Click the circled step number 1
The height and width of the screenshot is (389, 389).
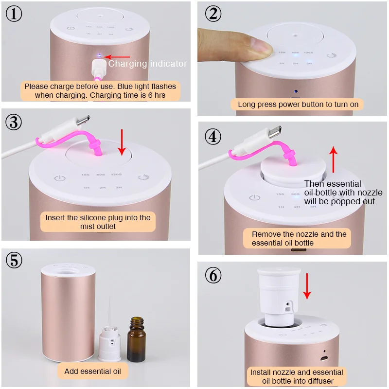pos(14,14)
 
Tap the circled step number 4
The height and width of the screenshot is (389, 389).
pos(213,137)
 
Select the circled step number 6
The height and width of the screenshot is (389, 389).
pos(213,275)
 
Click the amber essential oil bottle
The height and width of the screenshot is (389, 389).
pos(137,339)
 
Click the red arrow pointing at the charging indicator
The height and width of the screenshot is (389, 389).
pos(117,57)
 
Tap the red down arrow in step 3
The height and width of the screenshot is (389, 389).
pos(122,142)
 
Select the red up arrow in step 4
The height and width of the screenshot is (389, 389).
pos(333,159)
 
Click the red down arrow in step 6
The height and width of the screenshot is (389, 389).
pos(307,286)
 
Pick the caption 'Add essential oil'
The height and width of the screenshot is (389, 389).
pos(93,371)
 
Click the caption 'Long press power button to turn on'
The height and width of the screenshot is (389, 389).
pos(298,104)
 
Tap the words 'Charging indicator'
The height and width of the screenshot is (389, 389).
pos(148,64)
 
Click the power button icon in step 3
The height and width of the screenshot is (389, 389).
pos(60,178)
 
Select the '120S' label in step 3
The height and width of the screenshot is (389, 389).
pos(116,175)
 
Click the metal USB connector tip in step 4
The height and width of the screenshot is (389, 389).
pos(275,132)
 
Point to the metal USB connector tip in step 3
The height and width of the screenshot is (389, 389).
pos(83,120)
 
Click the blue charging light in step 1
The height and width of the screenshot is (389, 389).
pos(100,56)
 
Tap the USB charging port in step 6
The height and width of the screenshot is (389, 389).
pos(324,358)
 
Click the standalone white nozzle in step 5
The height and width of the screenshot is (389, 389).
pos(110,344)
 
